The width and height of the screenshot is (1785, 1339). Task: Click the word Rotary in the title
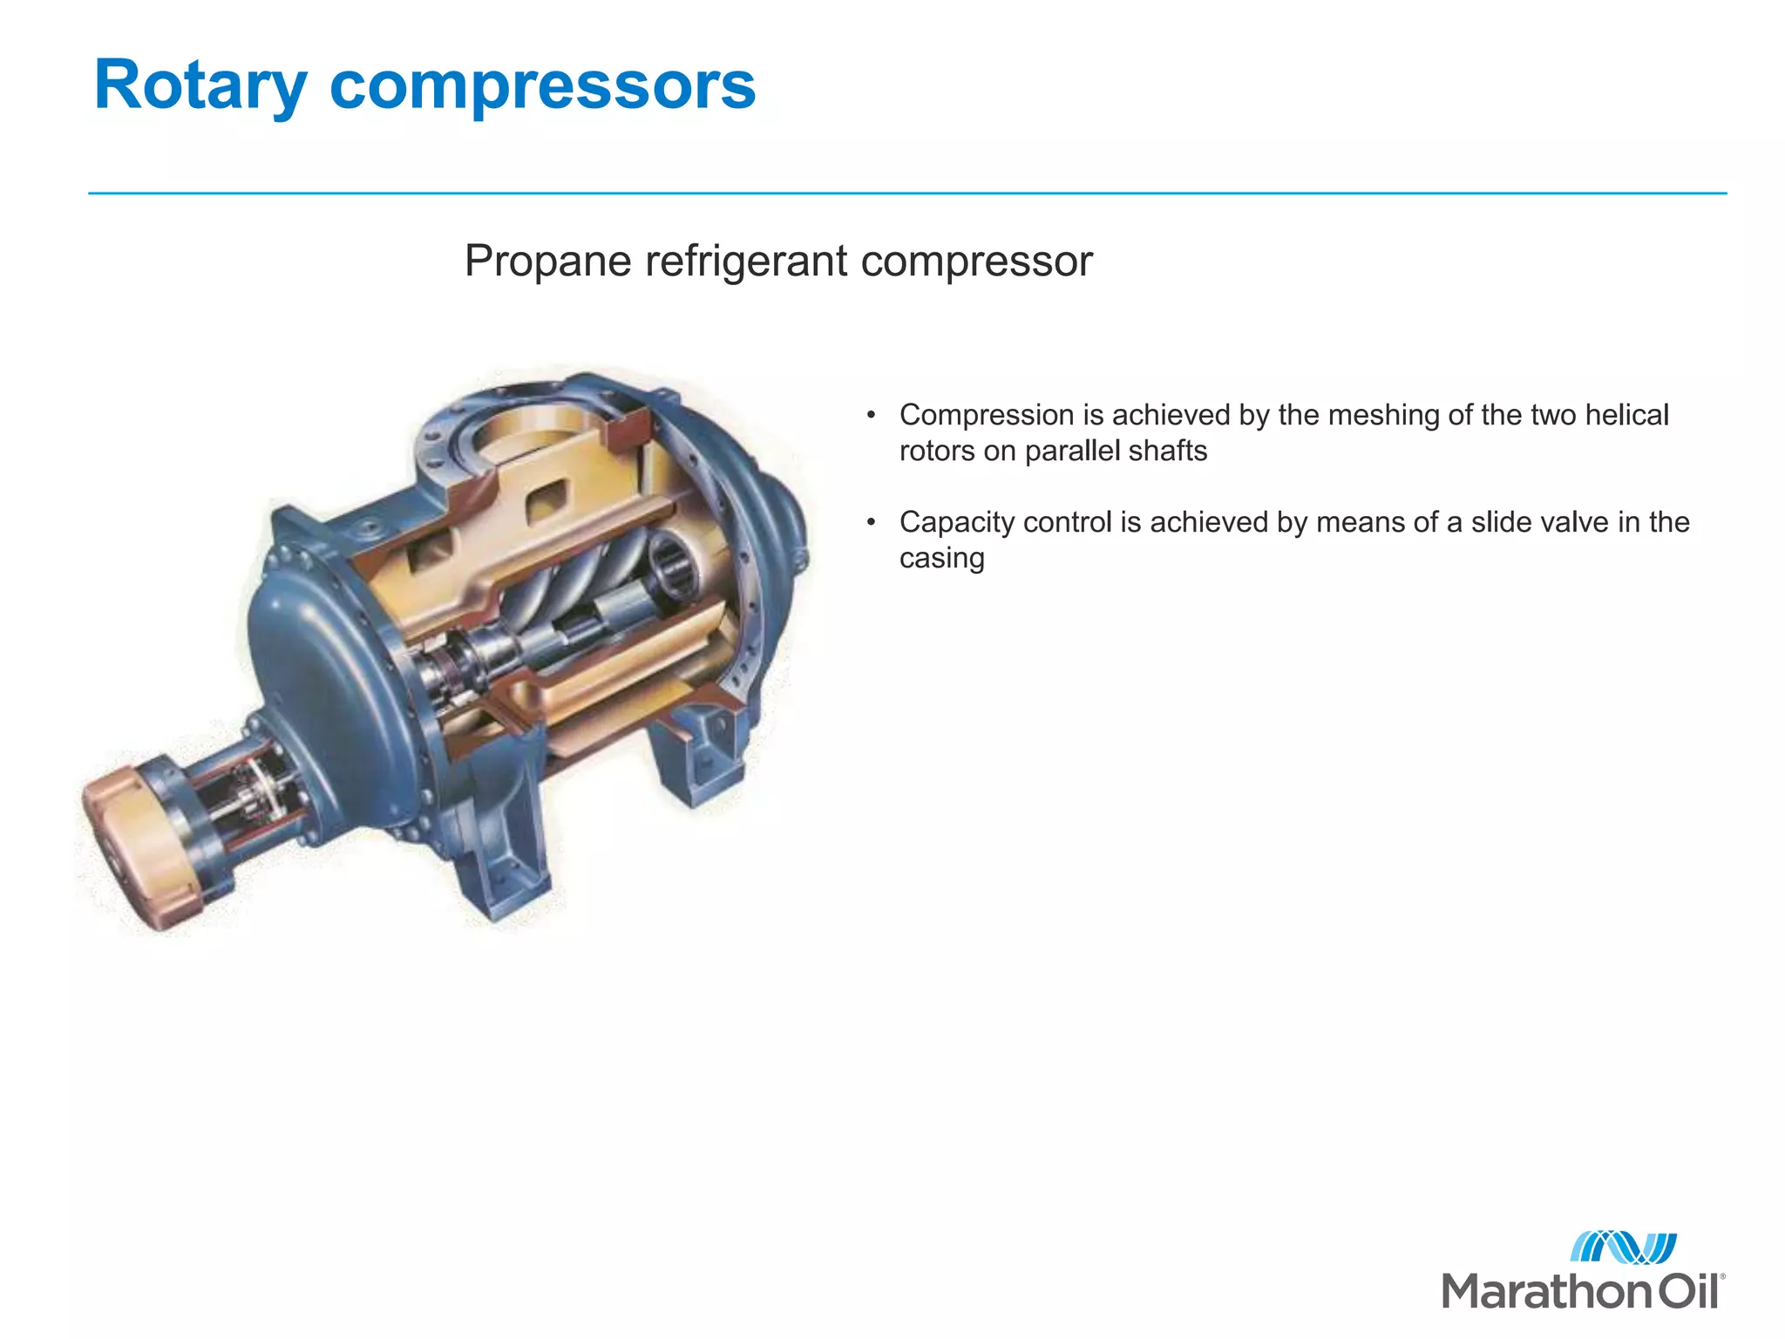coord(200,85)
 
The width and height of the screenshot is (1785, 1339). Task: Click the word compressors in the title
coord(542,85)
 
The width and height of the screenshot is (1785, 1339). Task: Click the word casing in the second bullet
coord(941,558)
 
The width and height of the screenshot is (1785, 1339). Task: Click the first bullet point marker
coord(870,416)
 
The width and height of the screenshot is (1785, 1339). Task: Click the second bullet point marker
coord(870,523)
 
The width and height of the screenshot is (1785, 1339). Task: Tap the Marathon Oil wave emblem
coord(1623,1247)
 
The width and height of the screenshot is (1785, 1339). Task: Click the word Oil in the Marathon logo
coord(1687,1291)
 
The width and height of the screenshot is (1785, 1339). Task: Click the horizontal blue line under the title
coord(906,194)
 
